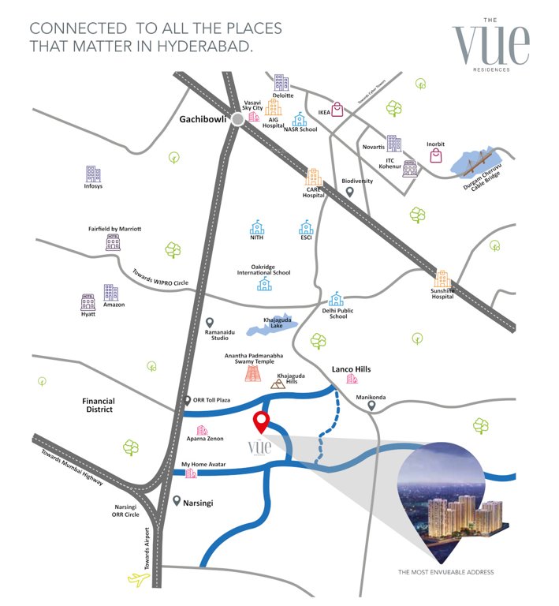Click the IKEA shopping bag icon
[337, 109]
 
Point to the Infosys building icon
[93, 174]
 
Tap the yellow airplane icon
[139, 580]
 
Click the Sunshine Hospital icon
[442, 279]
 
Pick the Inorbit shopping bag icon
[436, 155]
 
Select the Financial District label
[99, 405]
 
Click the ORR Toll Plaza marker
[187, 401]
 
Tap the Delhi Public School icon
[337, 298]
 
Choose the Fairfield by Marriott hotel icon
[113, 241]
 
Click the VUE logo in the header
[490, 43]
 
